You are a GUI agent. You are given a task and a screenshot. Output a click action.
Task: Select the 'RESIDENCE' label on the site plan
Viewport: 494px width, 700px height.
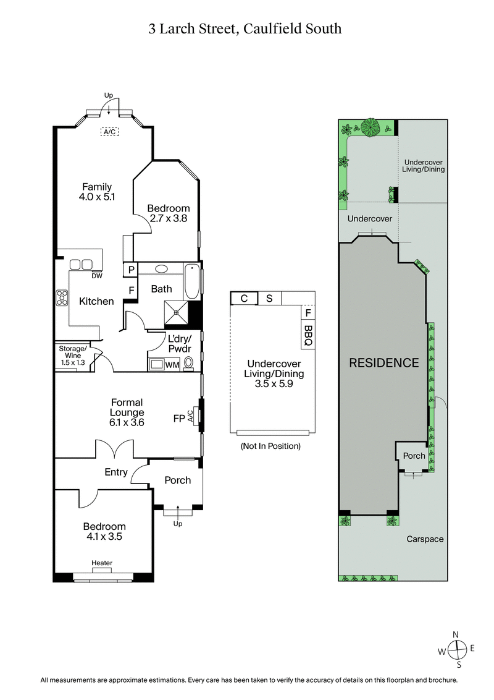point(384,363)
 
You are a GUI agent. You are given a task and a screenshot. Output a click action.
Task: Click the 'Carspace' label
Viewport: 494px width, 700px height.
point(425,539)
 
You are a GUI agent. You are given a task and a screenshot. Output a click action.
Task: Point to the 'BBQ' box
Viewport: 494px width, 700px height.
point(309,335)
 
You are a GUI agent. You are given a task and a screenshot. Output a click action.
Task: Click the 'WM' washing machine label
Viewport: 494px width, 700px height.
point(172,365)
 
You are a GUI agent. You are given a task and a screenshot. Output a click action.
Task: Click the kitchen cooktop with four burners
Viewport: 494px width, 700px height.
point(62,298)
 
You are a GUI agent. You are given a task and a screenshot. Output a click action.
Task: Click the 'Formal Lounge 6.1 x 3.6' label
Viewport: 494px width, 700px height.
point(127,412)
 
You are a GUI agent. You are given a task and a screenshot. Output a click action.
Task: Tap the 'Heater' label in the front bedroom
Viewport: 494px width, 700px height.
point(102,563)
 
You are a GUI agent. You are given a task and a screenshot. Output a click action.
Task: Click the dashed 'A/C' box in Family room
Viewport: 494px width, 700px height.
point(110,132)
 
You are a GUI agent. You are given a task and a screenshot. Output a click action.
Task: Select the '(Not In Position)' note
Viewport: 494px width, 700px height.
point(270,446)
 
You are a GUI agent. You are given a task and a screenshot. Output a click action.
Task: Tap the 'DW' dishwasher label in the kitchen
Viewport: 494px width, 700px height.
point(97,276)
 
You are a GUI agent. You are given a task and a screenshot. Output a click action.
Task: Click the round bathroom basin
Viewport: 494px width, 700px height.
point(162,269)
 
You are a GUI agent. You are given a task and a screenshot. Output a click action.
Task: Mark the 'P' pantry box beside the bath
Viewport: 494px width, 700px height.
point(131,270)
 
